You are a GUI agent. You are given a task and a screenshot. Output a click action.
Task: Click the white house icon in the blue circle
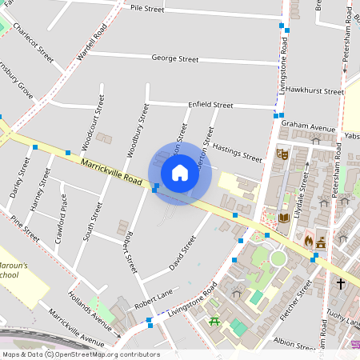(180, 172)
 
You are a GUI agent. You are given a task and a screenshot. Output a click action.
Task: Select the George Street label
(175, 58)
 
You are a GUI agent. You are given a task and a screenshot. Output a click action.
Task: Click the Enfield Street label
(210, 105)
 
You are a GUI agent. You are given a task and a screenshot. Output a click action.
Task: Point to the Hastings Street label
(237, 151)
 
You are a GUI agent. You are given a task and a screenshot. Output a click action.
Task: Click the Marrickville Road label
(110, 174)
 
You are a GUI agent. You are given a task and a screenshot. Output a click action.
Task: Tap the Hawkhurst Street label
(314, 91)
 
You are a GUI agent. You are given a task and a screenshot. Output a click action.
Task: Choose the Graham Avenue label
(307, 126)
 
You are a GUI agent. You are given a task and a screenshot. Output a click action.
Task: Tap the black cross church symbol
(340, 283)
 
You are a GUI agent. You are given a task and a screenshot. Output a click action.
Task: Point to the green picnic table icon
(214, 322)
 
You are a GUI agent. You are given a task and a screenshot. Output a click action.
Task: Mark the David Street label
(182, 254)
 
